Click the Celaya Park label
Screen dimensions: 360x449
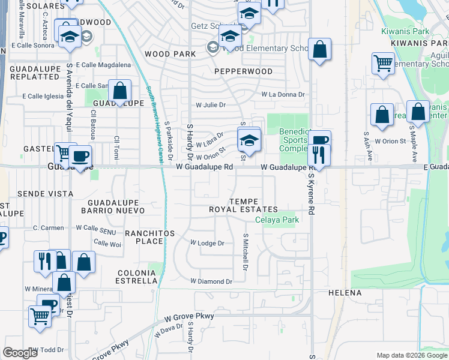pyautogui.click(x=277, y=220)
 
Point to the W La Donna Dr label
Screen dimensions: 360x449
pyautogui.click(x=283, y=95)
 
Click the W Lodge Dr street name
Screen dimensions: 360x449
pyautogui.click(x=207, y=244)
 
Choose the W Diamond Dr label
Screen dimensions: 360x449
pyautogui.click(x=211, y=281)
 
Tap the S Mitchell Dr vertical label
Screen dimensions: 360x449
pyautogui.click(x=245, y=251)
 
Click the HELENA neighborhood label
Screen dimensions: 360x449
pyautogui.click(x=345, y=293)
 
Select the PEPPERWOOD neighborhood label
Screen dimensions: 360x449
pyautogui.click(x=243, y=71)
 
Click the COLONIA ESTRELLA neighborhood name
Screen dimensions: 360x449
pyautogui.click(x=137, y=277)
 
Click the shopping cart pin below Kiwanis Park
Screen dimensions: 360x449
pyautogui.click(x=383, y=63)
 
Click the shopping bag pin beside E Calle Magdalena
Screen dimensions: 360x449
pyautogui.click(x=120, y=91)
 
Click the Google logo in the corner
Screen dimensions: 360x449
pyautogui.click(x=20, y=353)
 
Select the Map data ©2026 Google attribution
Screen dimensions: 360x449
pyautogui.click(x=411, y=355)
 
